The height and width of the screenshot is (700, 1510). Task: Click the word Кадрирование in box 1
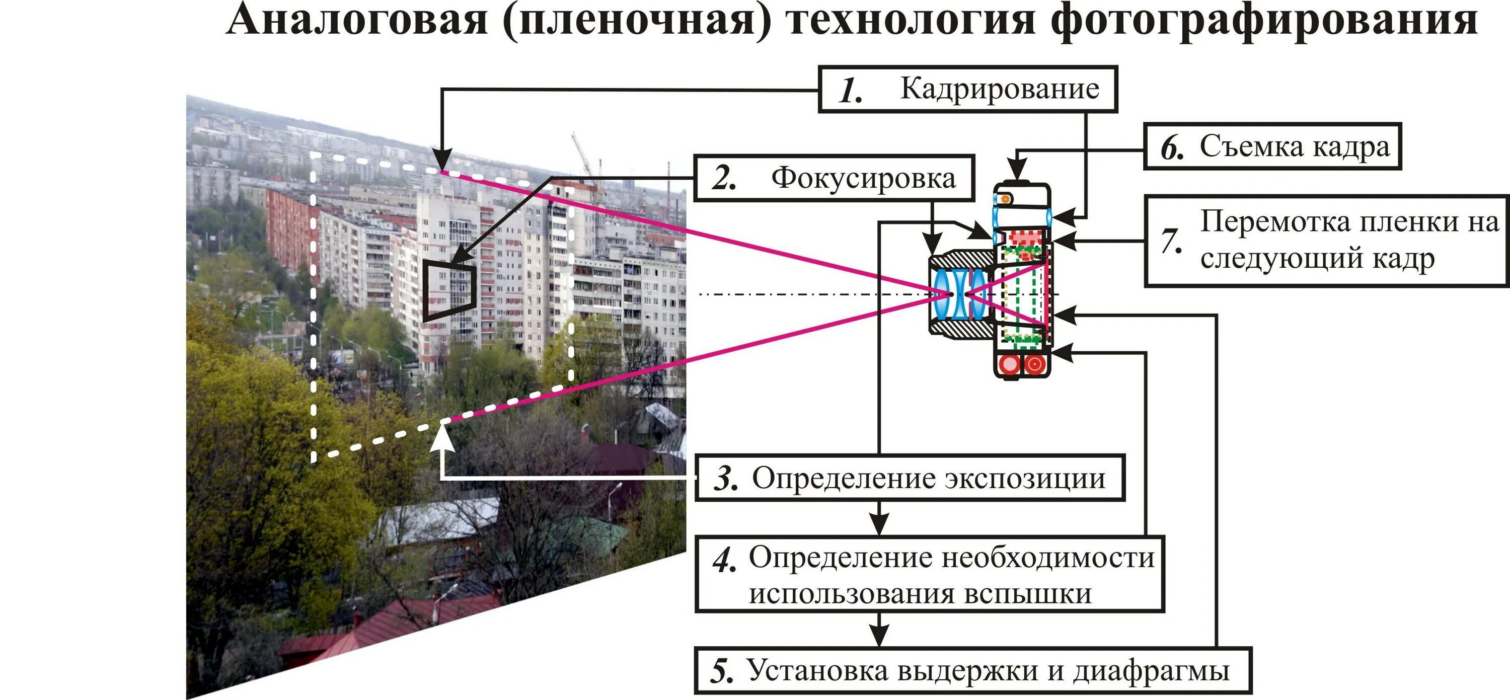tap(1000, 89)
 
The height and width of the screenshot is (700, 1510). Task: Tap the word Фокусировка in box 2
tap(863, 178)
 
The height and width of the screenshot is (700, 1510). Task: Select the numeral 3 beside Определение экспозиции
tap(726, 479)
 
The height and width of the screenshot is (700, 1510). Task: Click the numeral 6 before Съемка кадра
tap(1172, 148)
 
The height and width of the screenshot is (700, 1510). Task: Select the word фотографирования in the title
tap(1263, 21)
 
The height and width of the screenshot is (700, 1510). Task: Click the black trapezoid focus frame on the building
tap(448, 290)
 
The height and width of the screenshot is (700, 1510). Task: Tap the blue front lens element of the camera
tap(942, 294)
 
